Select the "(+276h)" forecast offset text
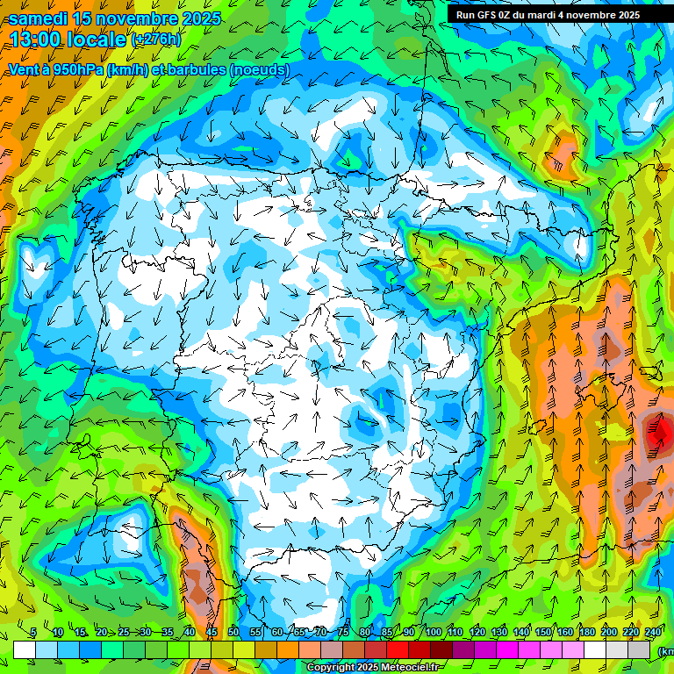coord(155,39)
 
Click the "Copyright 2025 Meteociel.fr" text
coord(373,668)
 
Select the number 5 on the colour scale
coord(33,633)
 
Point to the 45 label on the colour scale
coord(212,633)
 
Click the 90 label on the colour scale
coord(409,633)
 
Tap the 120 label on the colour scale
coord(477,633)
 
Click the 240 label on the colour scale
coord(653,633)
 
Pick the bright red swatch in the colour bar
coord(398,649)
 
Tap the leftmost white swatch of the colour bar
coord(25,649)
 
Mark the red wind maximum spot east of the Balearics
coord(658,431)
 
